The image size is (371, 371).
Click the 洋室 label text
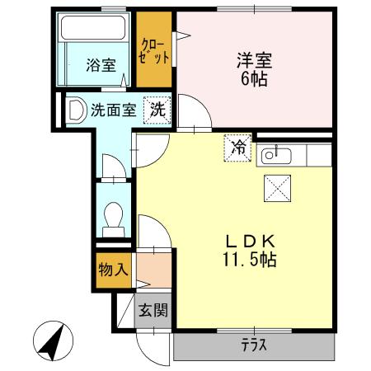click(x=254, y=62)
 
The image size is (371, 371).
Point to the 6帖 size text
click(x=254, y=81)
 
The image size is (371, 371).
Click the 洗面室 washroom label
click(x=113, y=108)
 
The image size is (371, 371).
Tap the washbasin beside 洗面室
click(x=77, y=109)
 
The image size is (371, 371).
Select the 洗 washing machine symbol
click(x=156, y=108)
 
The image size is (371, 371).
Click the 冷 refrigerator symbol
click(x=237, y=148)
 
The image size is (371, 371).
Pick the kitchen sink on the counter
click(x=273, y=154)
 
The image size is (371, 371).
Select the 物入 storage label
click(x=112, y=270)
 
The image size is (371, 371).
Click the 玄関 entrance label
click(x=153, y=311)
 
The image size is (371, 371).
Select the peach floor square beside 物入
click(x=152, y=270)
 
